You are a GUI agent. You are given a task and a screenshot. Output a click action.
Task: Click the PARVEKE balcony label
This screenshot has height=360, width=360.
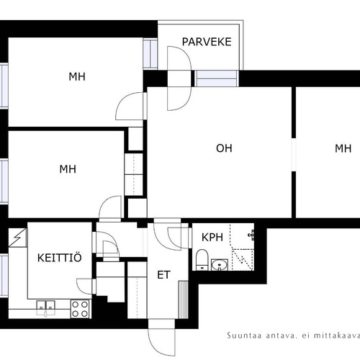point(207,42)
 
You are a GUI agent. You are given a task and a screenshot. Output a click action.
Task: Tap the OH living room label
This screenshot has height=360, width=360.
point(224,148)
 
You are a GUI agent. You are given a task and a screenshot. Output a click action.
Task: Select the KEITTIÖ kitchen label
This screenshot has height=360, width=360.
point(60,258)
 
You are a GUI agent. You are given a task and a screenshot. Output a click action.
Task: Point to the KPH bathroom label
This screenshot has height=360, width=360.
point(212,237)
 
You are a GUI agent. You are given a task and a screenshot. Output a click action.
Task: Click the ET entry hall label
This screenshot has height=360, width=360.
point(163,275)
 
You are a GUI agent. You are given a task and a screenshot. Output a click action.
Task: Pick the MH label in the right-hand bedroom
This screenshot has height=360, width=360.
point(343,148)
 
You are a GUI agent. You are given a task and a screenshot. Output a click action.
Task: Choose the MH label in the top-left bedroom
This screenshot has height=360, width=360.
point(77,77)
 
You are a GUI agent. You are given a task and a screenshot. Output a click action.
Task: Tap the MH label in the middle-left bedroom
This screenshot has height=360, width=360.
point(68,169)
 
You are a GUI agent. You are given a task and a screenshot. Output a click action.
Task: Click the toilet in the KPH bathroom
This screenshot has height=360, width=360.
point(202,260)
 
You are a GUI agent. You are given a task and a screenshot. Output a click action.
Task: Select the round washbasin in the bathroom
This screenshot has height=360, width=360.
point(220,265)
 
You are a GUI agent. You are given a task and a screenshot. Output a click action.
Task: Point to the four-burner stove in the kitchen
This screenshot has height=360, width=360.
point(80,309)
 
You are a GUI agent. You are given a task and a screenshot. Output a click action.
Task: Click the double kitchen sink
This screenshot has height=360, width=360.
point(45,307)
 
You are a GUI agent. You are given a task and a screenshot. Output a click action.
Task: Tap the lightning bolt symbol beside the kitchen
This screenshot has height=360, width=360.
point(17,238)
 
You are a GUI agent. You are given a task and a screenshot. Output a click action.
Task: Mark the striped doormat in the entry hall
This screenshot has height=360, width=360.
point(184,300)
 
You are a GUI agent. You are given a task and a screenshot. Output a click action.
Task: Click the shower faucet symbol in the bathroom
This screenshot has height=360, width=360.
point(251,235)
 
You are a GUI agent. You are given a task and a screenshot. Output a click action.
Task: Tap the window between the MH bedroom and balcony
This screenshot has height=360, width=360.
point(150,53)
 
